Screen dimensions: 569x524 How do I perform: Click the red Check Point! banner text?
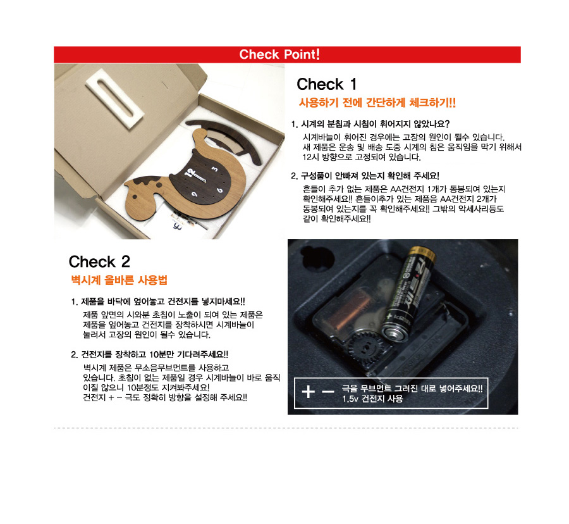pyautogui.click(x=279, y=54)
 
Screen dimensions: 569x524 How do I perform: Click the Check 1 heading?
pyautogui.click(x=327, y=84)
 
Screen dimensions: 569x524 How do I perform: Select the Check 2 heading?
pyautogui.click(x=99, y=261)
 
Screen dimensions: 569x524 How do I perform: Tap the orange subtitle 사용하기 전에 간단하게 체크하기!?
pyautogui.click(x=377, y=103)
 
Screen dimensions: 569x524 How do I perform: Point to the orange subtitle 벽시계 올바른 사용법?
pyautogui.click(x=119, y=280)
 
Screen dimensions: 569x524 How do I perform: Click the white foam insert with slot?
pyautogui.click(x=114, y=99)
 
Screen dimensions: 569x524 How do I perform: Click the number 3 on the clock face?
pyautogui.click(x=215, y=169)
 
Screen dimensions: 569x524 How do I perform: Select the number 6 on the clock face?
pyautogui.click(x=219, y=190)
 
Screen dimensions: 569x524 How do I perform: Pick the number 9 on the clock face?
pyautogui.click(x=195, y=195)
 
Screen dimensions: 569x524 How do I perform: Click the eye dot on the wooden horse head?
pyautogui.click(x=135, y=197)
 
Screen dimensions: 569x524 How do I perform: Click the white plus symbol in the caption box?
pyautogui.click(x=308, y=392)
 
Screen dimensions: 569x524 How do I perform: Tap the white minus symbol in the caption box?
pyautogui.click(x=328, y=392)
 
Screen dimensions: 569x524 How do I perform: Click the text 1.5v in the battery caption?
pyautogui.click(x=350, y=399)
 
